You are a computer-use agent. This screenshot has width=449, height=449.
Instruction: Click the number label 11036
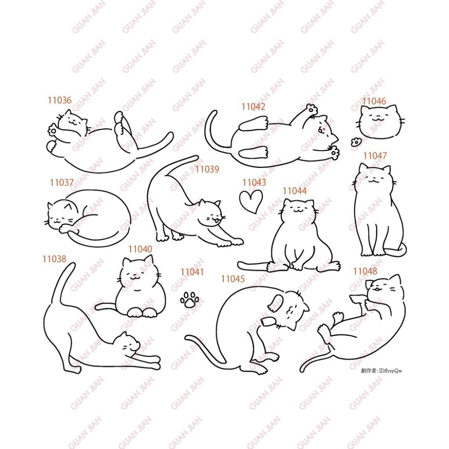(60, 100)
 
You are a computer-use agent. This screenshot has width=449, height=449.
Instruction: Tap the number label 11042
(253, 106)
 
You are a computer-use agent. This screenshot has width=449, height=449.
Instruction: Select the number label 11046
(374, 101)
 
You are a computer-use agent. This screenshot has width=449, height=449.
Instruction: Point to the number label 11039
(207, 169)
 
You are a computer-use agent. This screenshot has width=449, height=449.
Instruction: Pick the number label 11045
(233, 279)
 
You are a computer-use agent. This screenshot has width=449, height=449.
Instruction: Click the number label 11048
(365, 271)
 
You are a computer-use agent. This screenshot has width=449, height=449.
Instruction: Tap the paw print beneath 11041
(189, 299)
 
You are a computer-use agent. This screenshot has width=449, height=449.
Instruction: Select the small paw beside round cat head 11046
(356, 142)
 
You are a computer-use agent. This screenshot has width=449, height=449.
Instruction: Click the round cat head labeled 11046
(379, 122)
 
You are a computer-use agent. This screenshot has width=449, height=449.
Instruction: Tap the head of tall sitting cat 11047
(374, 179)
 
